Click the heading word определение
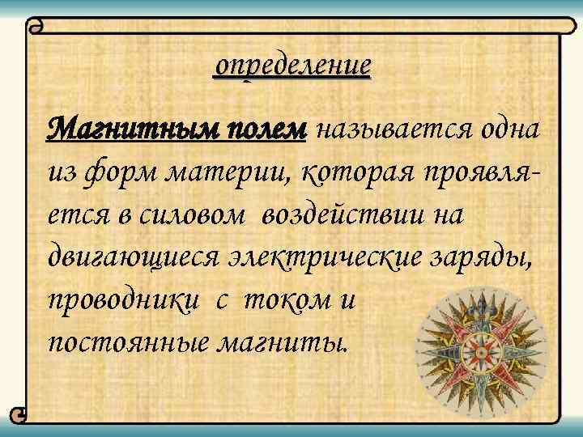[291, 65]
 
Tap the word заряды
[490, 257]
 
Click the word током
[288, 299]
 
